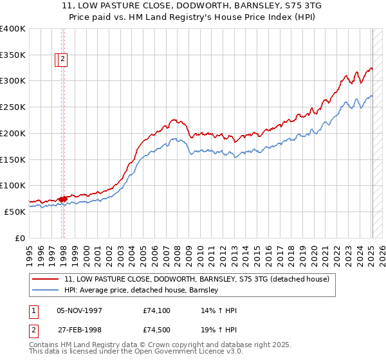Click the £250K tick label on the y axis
13,107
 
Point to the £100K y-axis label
13,185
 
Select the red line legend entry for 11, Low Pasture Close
197,279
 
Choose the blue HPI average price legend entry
142,291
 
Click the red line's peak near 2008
173,120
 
